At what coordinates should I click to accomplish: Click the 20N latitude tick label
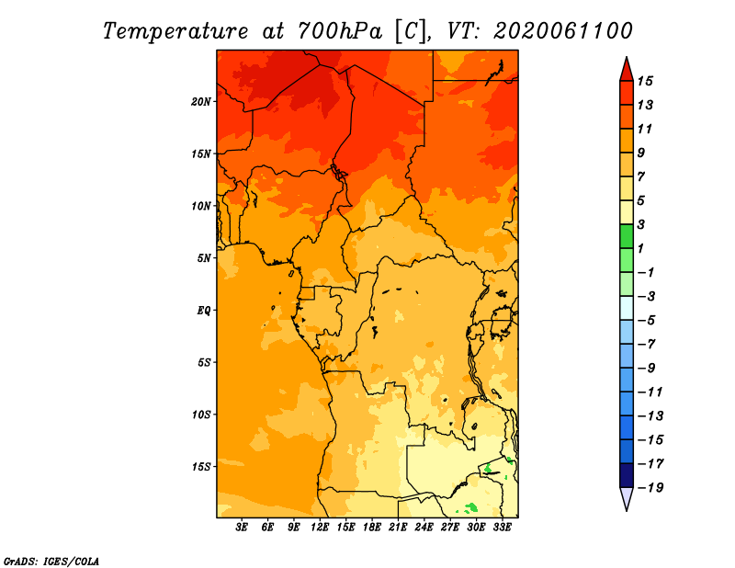point(201,102)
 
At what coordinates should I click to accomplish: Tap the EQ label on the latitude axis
point(204,311)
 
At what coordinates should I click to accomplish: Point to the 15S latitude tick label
point(201,467)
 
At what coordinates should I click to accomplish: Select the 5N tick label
point(204,258)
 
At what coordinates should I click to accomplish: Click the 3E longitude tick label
point(242,528)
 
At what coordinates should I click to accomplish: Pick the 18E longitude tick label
point(372,528)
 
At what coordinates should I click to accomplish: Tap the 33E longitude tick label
point(502,528)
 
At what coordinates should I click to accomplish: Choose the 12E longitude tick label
point(320,528)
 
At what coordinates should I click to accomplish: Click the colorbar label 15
point(645,81)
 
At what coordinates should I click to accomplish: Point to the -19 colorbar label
point(650,488)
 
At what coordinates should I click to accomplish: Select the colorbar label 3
point(641,224)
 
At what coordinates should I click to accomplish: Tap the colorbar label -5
point(647,321)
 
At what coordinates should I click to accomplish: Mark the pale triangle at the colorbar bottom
point(627,497)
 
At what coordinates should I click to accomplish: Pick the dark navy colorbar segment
point(627,475)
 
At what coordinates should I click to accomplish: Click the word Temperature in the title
point(175,31)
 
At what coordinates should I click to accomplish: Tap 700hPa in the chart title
point(339,31)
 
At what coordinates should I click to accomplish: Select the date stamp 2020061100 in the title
point(563,31)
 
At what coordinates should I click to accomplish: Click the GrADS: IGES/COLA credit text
point(51,562)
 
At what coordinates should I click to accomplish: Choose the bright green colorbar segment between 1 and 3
point(627,236)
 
